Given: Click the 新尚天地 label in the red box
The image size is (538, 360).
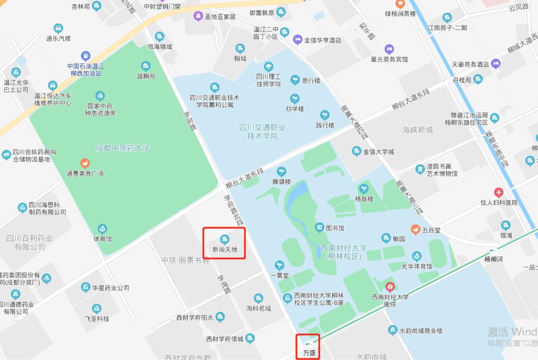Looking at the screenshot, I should [x=225, y=249].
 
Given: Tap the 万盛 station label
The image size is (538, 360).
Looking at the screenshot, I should [x=309, y=353].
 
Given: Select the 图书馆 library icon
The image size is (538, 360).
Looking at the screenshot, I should [x=319, y=228].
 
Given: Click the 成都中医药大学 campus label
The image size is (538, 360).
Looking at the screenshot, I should [x=123, y=148].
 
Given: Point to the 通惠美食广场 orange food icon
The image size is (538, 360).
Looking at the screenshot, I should [x=85, y=163].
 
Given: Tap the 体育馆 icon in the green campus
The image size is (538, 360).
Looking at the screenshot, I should [x=102, y=229].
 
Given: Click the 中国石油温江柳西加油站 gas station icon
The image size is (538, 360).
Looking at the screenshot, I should [x=86, y=56].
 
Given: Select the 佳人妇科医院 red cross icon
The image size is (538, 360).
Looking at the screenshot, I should [x=499, y=193].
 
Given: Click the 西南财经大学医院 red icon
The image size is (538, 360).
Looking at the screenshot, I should [x=390, y=287].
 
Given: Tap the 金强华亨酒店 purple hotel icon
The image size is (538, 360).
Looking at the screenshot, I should [x=297, y=39].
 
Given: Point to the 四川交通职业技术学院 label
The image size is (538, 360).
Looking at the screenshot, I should [x=262, y=132].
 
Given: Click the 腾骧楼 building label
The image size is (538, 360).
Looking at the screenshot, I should [x=281, y=182].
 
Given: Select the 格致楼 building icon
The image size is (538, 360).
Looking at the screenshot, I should [x=364, y=189].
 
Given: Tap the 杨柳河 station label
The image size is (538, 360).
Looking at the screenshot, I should [x=494, y=259].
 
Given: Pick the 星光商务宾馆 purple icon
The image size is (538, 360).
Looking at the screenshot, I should [x=389, y=49].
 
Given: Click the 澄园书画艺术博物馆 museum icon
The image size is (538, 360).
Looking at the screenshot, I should [x=420, y=169].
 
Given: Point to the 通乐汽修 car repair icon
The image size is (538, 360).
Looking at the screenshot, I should [x=58, y=28].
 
